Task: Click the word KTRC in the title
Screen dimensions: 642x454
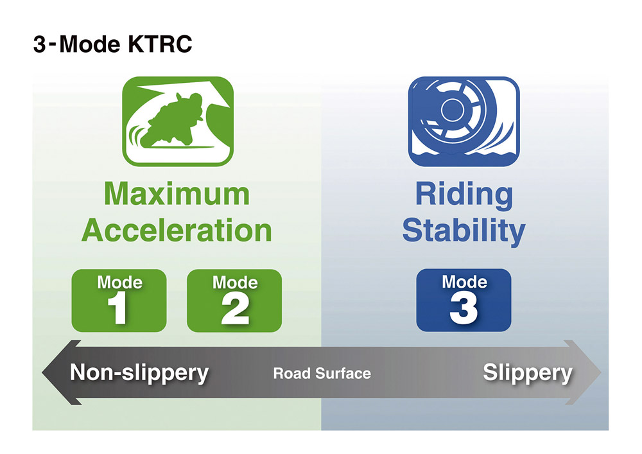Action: coord(160,44)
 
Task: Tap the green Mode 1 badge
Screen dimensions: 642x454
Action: coord(119,301)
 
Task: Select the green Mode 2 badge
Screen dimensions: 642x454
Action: coord(234,301)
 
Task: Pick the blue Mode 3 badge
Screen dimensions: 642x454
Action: coord(464,300)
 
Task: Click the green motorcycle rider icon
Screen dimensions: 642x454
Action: coord(178,121)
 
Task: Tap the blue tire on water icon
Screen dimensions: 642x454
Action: coord(464,121)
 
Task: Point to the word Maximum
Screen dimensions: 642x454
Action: coord(177,194)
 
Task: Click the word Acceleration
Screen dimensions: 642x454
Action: coord(177,230)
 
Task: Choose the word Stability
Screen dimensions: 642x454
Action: coord(464,232)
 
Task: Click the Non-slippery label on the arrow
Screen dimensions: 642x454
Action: coord(139,373)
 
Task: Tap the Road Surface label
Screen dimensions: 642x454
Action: coord(322,373)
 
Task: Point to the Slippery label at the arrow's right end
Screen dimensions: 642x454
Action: coord(527,373)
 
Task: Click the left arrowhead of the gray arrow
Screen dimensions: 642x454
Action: coord(62,372)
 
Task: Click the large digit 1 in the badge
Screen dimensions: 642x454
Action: coord(118,309)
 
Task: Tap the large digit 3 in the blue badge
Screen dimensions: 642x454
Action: coord(464,309)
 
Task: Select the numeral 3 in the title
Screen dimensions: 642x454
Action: coord(39,44)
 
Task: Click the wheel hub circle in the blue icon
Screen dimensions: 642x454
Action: coord(452,109)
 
